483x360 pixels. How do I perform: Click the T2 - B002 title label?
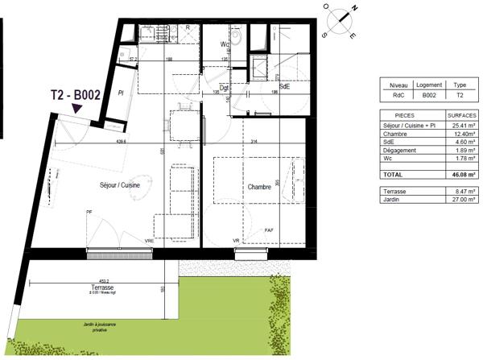coord(74,94)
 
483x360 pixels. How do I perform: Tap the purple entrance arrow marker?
coord(77,109)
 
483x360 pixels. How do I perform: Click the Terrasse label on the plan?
coord(101,288)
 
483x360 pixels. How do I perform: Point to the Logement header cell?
coord(429,84)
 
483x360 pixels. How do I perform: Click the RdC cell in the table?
coord(397,93)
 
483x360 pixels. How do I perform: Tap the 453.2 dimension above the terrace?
coord(101,281)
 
